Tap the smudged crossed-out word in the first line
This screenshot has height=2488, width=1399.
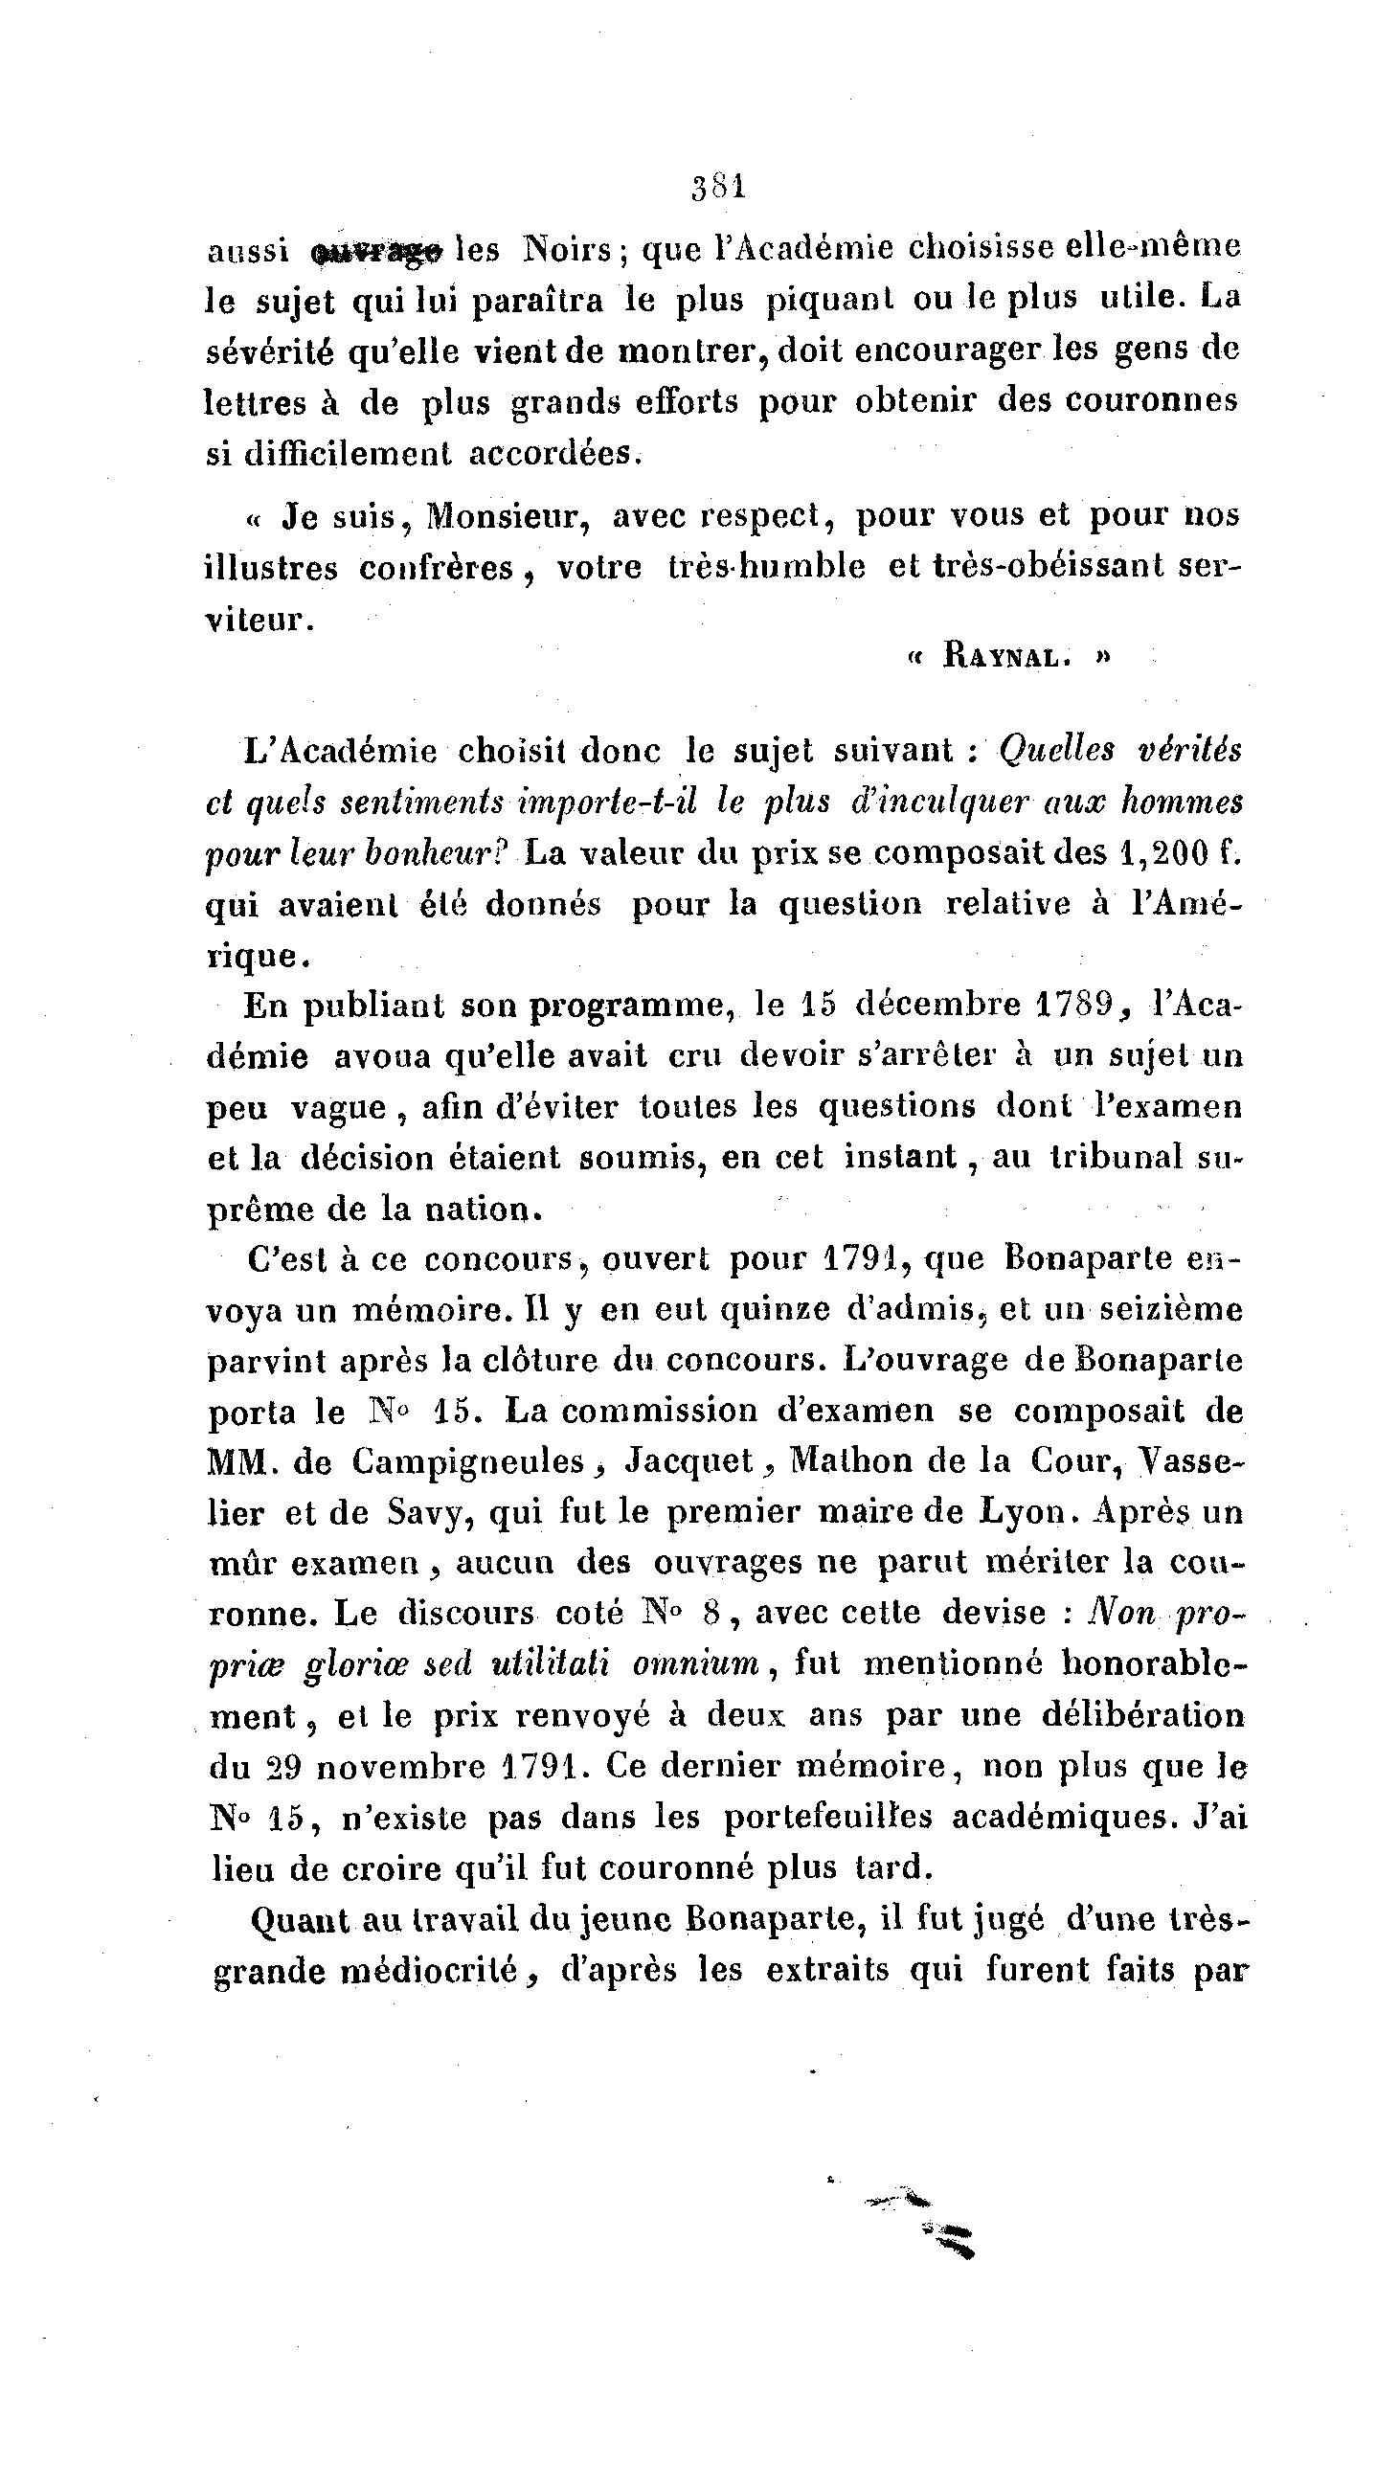click(377, 253)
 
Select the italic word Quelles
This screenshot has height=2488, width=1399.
click(1054, 751)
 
